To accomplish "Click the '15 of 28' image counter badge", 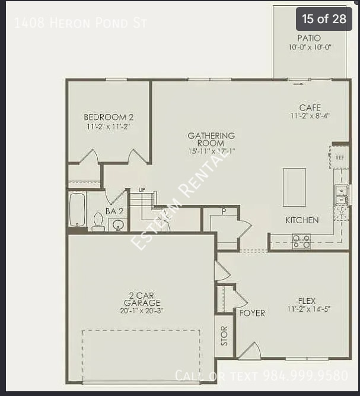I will click(x=324, y=19).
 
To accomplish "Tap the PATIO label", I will click(x=309, y=38).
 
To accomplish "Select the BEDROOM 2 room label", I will click(x=109, y=118).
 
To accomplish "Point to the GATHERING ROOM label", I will click(x=211, y=140).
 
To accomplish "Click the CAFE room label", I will click(x=310, y=108).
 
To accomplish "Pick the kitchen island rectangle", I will click(x=294, y=187).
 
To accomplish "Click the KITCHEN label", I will click(x=302, y=220).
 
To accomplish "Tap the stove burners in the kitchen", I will click(x=301, y=240).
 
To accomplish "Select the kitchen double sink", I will click(x=341, y=195).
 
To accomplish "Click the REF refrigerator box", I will click(x=339, y=158).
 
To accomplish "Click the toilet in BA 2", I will click(x=98, y=221).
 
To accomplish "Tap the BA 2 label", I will click(x=114, y=211).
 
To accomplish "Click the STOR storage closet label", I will click(x=224, y=336).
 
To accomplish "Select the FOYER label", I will click(x=252, y=313).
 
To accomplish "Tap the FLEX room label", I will click(x=307, y=301).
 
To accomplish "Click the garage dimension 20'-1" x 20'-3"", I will click(x=142, y=310).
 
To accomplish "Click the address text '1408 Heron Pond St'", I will click(x=80, y=23).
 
